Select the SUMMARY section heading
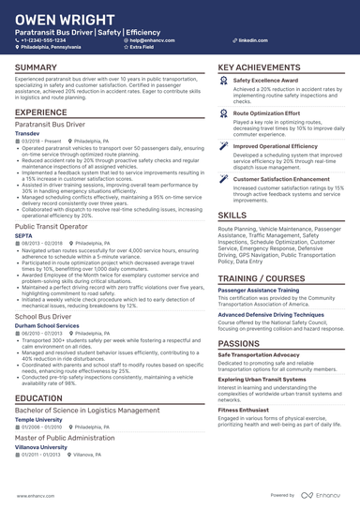(x=36, y=68)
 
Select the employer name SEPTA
(x=24, y=234)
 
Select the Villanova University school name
(x=41, y=448)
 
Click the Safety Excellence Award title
(x=266, y=82)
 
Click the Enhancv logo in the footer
(x=322, y=495)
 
